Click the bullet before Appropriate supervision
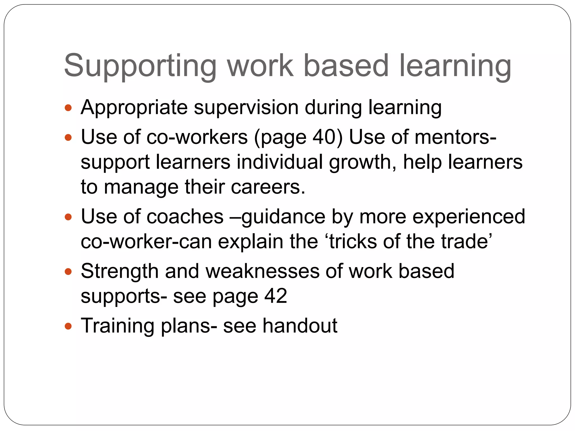68,108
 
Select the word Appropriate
134,108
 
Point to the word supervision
246,108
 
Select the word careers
268,187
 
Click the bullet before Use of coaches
68,217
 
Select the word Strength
120,271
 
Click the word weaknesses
263,271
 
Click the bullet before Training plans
68,326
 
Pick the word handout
300,326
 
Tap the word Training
117,326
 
